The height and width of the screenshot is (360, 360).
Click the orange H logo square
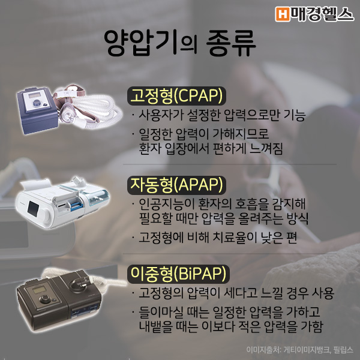pyautogui.click(x=282, y=14)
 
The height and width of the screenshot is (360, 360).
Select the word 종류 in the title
pyautogui.click(x=231, y=43)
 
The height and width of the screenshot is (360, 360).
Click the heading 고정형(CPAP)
pyautogui.click(x=176, y=96)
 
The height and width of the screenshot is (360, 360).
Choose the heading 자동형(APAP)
pyautogui.click(x=176, y=185)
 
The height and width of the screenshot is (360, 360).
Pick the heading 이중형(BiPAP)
pyautogui.click(x=178, y=274)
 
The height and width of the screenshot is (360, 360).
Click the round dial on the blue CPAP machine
pyautogui.click(x=37, y=103)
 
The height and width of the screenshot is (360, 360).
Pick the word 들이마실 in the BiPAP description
pyautogui.click(x=156, y=312)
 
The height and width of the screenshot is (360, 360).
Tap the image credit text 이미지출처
pyautogui.click(x=263, y=350)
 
